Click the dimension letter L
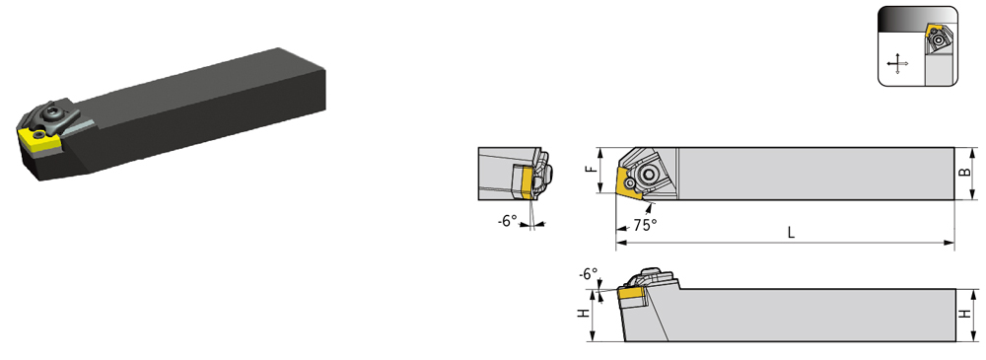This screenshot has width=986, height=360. click(x=791, y=232)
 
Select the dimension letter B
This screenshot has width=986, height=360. click(x=968, y=173)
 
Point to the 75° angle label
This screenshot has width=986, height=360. click(x=645, y=225)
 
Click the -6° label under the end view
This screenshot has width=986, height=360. click(x=507, y=222)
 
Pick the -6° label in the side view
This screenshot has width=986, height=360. click(x=589, y=274)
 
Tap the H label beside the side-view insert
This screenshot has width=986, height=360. click(x=584, y=313)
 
